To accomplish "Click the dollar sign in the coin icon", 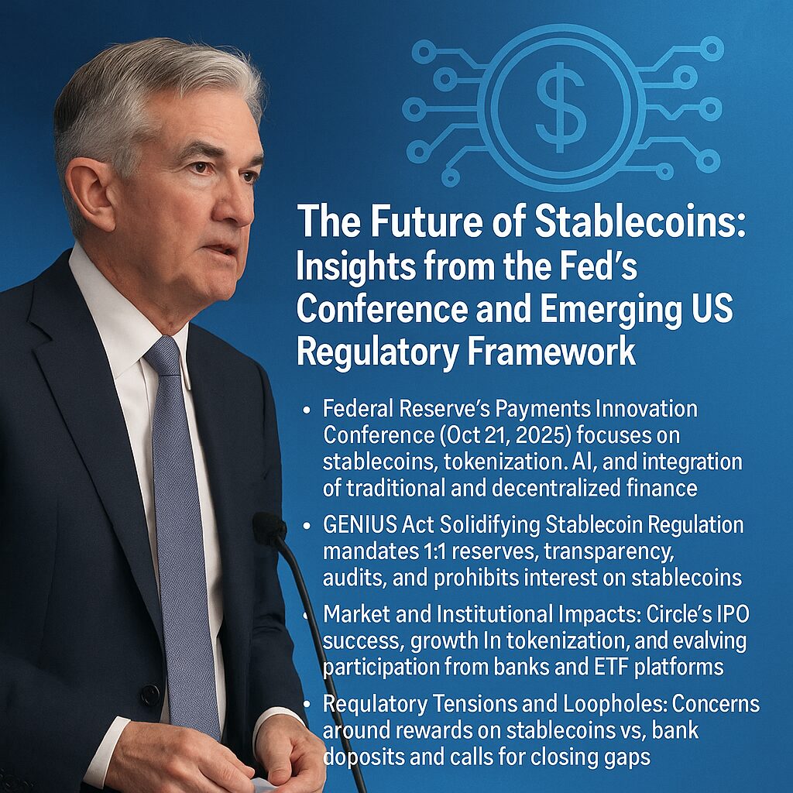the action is pos(561,107).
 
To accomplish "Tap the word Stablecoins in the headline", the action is pos(640,221).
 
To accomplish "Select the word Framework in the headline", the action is pos(551,351).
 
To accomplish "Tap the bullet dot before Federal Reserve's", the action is pos(306,410).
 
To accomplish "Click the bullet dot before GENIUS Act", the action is pos(306,526).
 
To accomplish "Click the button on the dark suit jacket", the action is pos(150,695).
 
